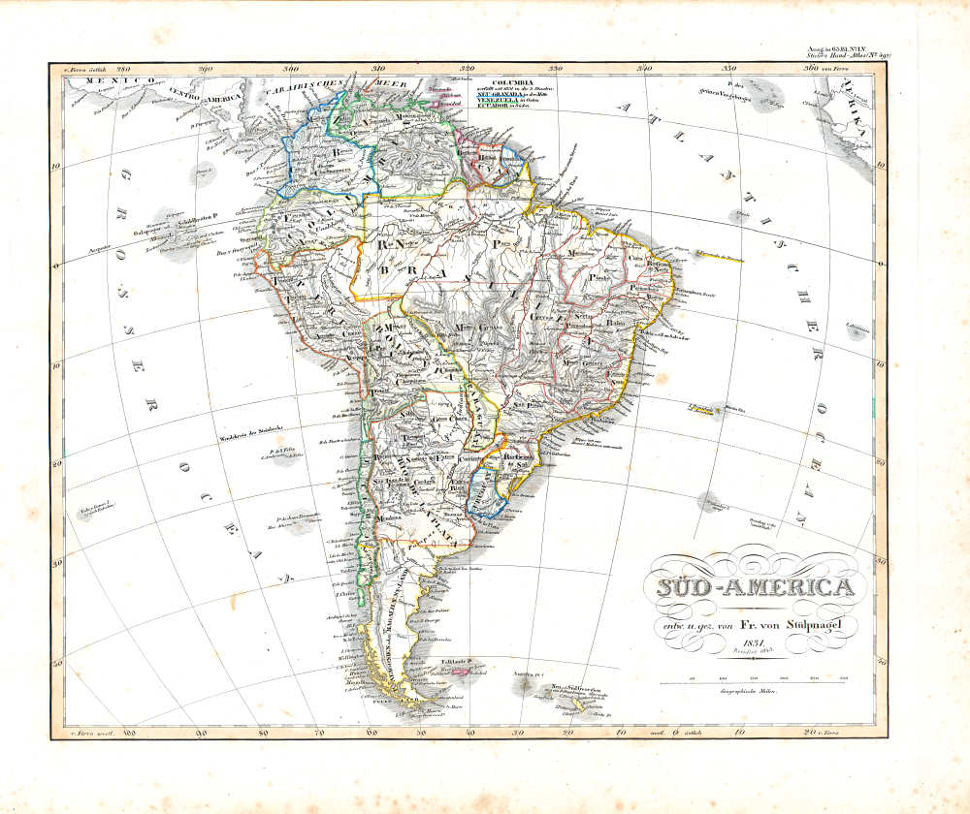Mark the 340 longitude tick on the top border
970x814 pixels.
tap(644, 70)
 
